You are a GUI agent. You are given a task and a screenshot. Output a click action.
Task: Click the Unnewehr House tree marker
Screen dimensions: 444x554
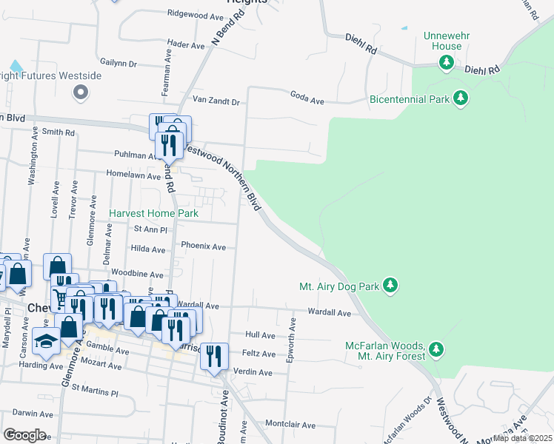point(447,64)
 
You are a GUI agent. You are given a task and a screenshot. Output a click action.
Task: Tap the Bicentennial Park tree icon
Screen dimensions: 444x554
point(461,98)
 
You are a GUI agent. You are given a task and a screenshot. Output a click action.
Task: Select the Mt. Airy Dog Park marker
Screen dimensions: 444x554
point(390,286)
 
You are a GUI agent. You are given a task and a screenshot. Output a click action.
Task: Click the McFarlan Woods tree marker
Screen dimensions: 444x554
point(436,349)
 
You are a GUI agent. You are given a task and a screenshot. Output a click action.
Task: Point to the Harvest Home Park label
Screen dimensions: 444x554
point(153,213)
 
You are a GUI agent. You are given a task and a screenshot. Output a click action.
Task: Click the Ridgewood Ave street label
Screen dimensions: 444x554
point(196,14)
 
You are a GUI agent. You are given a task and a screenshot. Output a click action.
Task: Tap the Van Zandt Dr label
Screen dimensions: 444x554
point(216,101)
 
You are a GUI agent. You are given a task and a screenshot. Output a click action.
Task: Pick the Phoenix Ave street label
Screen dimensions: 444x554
point(203,246)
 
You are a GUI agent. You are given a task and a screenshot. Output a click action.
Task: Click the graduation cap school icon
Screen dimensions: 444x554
point(47,341)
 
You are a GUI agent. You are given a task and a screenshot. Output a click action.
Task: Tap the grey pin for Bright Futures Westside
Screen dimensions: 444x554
point(81,92)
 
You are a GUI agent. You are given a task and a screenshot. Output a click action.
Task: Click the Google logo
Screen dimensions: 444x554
point(24,435)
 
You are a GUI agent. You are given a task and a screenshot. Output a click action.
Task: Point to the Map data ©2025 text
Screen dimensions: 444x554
point(521,438)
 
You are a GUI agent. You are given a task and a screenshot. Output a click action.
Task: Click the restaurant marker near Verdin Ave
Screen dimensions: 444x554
point(214,357)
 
